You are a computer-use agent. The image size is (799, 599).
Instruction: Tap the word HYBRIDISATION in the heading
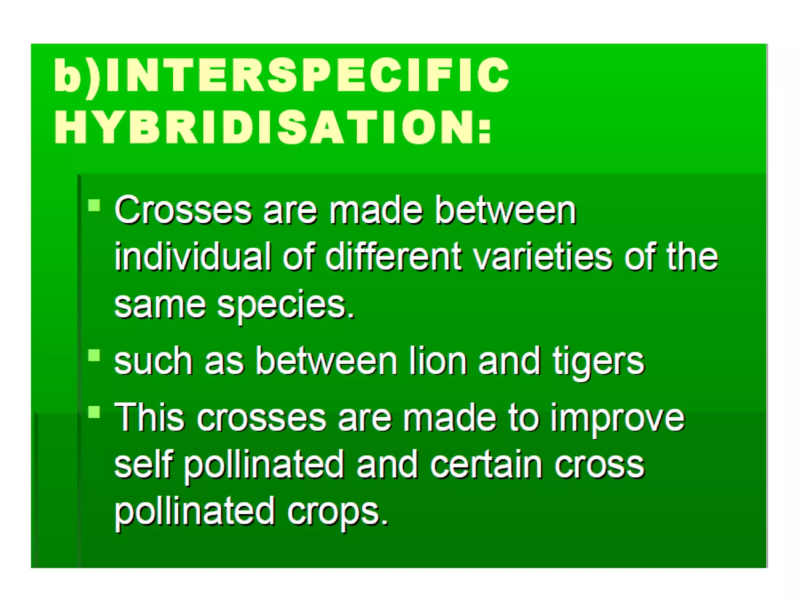coord(265,127)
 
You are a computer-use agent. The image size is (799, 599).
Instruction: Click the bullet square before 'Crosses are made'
coord(94,205)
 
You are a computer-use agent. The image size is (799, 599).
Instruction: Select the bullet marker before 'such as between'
coord(94,356)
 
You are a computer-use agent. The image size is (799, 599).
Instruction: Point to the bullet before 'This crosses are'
coord(94,412)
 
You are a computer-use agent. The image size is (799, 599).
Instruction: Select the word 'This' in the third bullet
coord(149,417)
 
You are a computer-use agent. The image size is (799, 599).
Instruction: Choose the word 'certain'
coord(486,464)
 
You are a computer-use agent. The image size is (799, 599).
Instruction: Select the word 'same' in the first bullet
coord(160,305)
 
